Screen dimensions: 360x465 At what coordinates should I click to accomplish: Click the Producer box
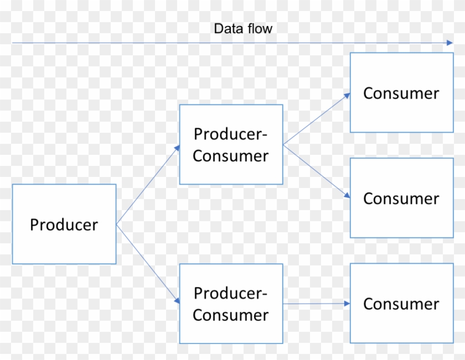click(64, 225)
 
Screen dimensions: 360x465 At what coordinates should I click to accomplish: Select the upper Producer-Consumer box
click(231, 144)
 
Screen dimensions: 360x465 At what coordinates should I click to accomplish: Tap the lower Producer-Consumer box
click(231, 304)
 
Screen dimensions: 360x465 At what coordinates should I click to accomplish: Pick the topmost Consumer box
click(401, 93)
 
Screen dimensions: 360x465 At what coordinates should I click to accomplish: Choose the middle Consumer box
click(401, 198)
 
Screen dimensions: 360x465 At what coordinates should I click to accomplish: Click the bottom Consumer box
click(401, 303)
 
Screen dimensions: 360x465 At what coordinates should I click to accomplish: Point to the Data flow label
click(243, 28)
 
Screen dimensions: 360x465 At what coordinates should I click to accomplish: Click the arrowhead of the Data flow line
click(450, 43)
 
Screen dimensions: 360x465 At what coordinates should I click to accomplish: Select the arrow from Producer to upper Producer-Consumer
click(147, 185)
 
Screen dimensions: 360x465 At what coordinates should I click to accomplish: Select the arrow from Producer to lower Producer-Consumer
click(147, 263)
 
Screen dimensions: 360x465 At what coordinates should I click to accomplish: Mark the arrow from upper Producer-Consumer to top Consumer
click(316, 119)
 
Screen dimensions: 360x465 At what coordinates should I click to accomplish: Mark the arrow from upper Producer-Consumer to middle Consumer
click(316, 171)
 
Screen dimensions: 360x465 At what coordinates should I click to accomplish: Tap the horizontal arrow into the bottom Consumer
click(316, 304)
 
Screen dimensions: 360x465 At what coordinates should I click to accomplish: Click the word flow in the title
click(260, 28)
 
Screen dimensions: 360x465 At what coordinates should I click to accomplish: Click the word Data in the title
click(228, 28)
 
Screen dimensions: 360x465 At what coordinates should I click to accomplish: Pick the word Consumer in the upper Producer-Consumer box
click(231, 156)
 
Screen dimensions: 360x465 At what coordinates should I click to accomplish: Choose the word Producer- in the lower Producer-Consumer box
click(231, 293)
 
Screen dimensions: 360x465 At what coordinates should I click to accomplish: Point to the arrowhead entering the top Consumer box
click(348, 95)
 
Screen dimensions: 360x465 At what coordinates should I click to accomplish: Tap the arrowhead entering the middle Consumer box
click(348, 196)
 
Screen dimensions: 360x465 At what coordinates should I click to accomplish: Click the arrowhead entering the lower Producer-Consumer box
click(177, 301)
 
